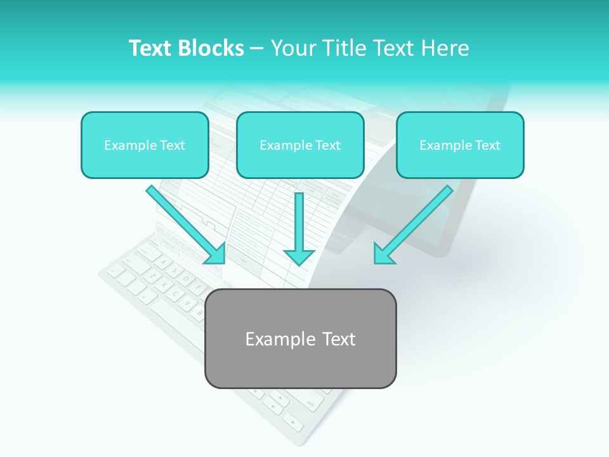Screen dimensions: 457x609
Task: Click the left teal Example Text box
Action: tap(145, 145)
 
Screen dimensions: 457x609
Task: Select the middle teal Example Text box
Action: tap(300, 145)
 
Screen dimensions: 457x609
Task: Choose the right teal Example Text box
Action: tap(460, 145)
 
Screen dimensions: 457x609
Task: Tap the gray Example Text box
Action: tap(300, 338)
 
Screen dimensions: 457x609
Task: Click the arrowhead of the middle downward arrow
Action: tap(299, 256)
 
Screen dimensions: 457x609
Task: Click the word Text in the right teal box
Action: tap(487, 145)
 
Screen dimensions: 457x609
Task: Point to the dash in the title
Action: tap(257, 49)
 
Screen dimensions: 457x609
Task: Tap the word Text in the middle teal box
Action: tap(327, 145)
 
